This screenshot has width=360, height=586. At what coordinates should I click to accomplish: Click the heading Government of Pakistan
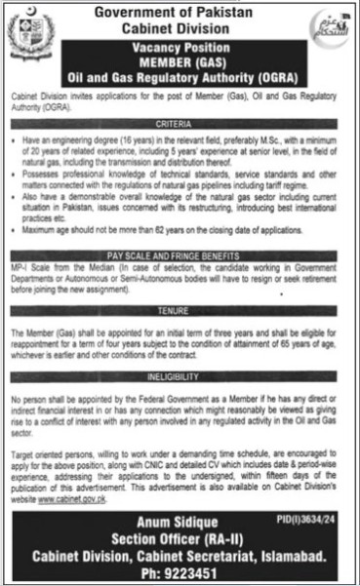(181, 11)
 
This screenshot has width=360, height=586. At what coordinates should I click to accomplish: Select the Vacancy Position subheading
(181, 46)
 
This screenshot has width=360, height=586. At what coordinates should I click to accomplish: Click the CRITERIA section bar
(180, 126)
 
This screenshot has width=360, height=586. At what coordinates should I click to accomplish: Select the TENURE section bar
(180, 309)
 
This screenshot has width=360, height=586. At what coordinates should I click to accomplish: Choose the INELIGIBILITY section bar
(180, 372)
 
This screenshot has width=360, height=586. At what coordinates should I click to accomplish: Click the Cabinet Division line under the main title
(181, 27)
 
